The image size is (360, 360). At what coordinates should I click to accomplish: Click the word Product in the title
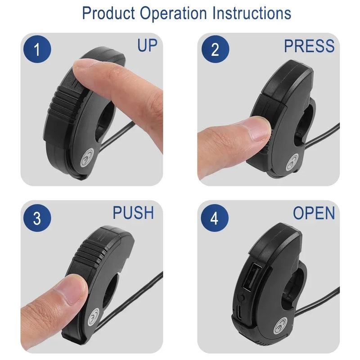108,13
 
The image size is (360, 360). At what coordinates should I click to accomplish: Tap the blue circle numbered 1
37,49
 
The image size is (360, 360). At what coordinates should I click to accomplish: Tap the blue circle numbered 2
215,49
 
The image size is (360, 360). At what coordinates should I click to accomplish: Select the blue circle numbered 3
37,218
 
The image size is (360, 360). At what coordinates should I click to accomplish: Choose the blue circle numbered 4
215,218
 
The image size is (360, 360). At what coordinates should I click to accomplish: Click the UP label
147,45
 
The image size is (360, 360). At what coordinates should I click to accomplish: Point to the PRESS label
309,46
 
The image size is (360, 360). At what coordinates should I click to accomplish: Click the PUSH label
133,212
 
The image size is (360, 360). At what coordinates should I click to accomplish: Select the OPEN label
314,213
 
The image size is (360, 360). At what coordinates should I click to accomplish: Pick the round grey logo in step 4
280,325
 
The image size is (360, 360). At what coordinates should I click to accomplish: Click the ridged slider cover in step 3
91,252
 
